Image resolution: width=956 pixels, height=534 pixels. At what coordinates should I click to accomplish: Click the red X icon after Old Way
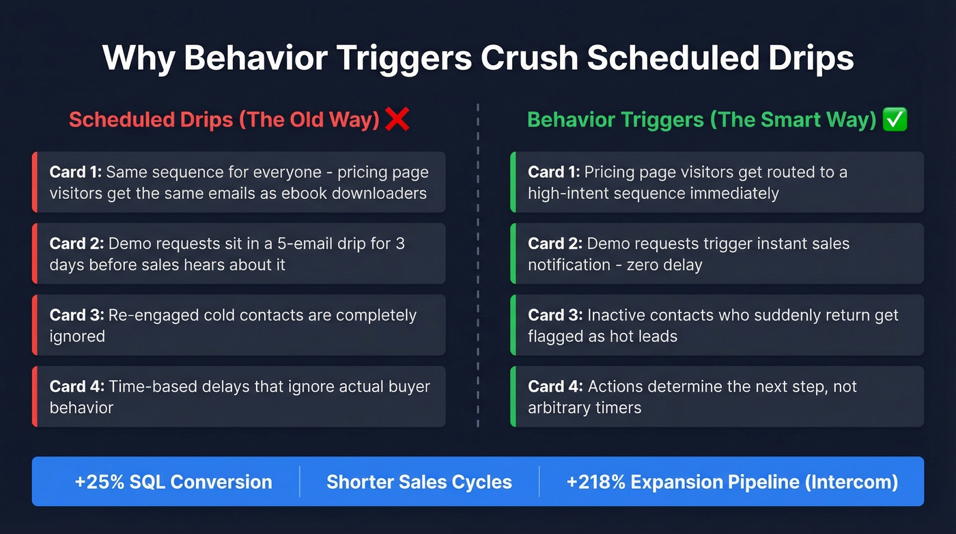coord(397,120)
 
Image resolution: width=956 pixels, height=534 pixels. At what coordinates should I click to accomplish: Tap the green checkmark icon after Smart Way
coord(895,120)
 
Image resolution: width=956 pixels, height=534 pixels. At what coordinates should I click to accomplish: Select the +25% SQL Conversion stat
coord(173,481)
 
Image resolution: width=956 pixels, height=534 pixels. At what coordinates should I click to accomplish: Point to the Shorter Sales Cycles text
coord(419,481)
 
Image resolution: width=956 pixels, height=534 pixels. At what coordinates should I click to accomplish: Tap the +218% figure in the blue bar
coord(595,481)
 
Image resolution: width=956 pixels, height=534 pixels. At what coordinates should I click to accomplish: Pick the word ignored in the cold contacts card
coord(77,336)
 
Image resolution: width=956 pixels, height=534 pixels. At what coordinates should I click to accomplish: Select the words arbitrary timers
coord(585,408)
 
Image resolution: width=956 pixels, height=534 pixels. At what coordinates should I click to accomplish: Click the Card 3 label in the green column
coord(554,315)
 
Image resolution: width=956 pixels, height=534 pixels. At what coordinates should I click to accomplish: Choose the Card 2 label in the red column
coord(76,243)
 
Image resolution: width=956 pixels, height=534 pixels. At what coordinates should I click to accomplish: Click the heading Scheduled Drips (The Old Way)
coord(224,120)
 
